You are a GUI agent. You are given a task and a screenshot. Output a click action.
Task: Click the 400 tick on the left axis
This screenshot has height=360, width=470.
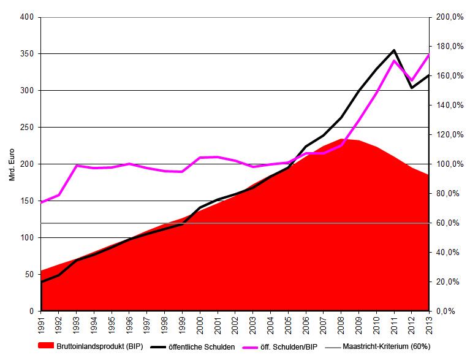[26, 17]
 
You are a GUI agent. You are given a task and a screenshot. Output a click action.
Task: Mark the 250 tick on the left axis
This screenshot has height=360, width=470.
[26, 128]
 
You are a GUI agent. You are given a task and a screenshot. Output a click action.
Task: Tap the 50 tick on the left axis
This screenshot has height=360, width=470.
[28, 275]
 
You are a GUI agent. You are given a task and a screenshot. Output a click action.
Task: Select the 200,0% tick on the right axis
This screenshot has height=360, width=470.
[449, 17]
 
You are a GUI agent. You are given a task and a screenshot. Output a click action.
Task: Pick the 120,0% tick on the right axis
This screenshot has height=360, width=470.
[449, 135]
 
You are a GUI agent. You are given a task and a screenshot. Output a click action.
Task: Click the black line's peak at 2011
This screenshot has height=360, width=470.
[393, 50]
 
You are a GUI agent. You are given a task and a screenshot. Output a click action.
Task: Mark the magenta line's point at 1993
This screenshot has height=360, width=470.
[77, 166]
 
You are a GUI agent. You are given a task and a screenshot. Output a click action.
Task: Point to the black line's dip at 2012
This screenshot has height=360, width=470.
[411, 88]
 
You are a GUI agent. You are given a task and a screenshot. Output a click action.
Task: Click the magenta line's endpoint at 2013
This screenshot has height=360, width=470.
[428, 55]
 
